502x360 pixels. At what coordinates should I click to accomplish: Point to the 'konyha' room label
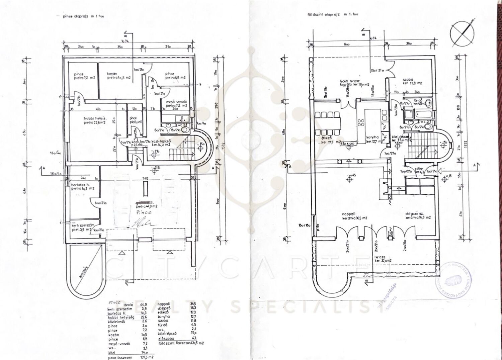pyautogui.click(x=371, y=137)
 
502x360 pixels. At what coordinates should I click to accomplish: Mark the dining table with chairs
pyautogui.click(x=328, y=119)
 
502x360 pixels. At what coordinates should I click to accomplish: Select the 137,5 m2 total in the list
pyautogui.click(x=145, y=357)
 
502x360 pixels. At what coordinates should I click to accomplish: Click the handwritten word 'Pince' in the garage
pyautogui.click(x=144, y=212)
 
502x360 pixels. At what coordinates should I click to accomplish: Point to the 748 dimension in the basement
pyautogui.click(x=145, y=179)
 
